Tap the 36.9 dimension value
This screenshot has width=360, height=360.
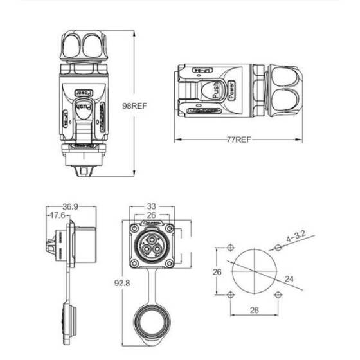click(x=71, y=207)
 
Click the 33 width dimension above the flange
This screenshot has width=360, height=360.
click(x=152, y=207)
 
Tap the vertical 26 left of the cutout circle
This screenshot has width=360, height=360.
click(x=217, y=271)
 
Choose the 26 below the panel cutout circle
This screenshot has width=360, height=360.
click(x=254, y=310)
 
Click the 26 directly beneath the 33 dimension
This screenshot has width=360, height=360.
click(x=152, y=215)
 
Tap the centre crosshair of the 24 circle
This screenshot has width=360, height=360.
click(x=254, y=271)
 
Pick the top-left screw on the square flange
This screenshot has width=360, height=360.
click(x=134, y=228)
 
